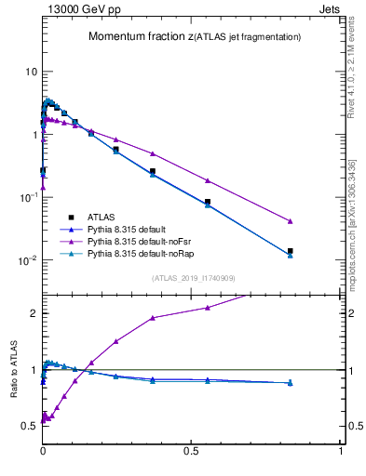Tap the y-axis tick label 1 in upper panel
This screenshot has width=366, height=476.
point(34,134)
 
